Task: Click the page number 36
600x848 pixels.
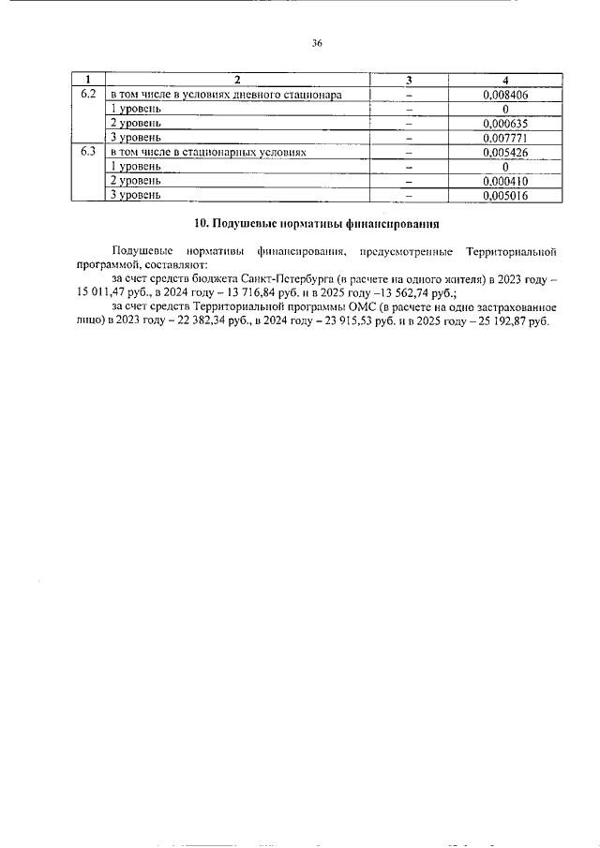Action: coord(316,42)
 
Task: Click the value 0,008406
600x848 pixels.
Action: coord(504,95)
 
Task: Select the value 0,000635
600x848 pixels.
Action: coord(504,123)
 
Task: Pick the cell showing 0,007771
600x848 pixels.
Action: coord(504,138)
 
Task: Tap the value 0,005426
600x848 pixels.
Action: coord(504,152)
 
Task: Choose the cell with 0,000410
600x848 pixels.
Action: coord(504,180)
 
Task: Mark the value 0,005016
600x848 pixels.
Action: coord(504,195)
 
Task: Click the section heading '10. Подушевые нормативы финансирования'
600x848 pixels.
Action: coord(316,223)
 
